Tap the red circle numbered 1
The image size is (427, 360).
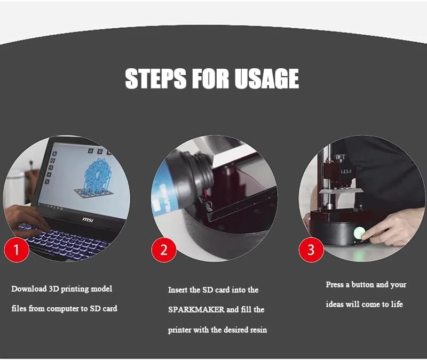click(x=17, y=250)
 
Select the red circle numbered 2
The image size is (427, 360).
click(x=164, y=250)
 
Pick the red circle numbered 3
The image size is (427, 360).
click(x=311, y=250)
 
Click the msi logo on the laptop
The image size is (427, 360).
click(x=88, y=220)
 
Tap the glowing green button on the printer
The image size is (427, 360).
click(x=359, y=233)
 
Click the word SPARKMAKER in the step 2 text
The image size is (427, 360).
click(x=196, y=310)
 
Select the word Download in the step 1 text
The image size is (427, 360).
click(x=29, y=289)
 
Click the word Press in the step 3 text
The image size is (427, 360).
click(x=335, y=285)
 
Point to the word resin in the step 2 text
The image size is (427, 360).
click(x=258, y=330)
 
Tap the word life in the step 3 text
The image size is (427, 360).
click(x=397, y=304)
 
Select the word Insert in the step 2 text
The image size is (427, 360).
click(x=178, y=290)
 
